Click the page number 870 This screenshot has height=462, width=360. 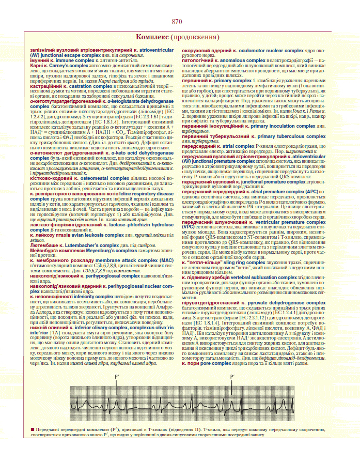(x=178, y=22)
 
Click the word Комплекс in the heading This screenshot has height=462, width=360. (x=152, y=38)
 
